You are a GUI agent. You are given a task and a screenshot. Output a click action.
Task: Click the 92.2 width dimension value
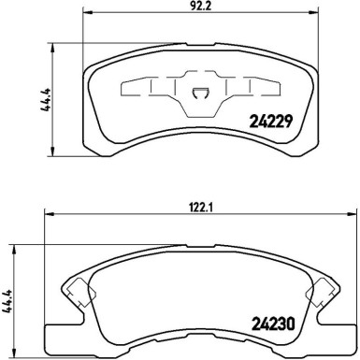[202, 7]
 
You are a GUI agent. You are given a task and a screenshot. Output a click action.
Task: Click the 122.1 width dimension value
[202, 208]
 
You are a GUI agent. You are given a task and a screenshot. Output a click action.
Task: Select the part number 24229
[271, 122]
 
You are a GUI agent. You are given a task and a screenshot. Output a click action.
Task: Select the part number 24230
[273, 324]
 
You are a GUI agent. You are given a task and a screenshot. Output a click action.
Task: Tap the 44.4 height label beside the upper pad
[46, 100]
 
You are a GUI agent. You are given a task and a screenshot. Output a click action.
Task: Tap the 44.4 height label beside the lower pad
[7, 301]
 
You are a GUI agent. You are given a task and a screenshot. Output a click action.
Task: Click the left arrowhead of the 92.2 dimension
[88, 12]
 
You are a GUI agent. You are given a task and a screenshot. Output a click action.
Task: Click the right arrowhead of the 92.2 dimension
[313, 12]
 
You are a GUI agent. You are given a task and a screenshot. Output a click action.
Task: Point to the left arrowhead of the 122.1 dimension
[50, 214]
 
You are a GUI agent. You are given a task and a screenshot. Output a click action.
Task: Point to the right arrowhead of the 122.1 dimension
[351, 214]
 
